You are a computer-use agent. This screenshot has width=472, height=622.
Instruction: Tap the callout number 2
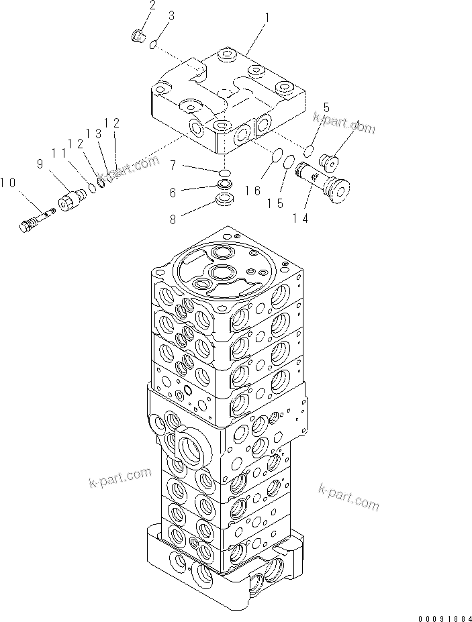coord(152,6)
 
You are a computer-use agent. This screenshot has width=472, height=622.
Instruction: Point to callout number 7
coord(173,164)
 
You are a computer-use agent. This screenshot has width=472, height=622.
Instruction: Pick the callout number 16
coord(252,191)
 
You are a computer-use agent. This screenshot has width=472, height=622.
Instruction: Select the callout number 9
coord(39,163)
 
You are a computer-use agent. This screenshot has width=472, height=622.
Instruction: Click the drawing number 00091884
coord(436,613)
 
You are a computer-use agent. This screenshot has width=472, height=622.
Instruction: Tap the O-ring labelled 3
coord(154,44)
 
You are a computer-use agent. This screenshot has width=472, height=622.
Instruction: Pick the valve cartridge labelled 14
coord(328,183)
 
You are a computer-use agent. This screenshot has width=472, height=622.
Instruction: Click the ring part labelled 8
coord(225,200)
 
